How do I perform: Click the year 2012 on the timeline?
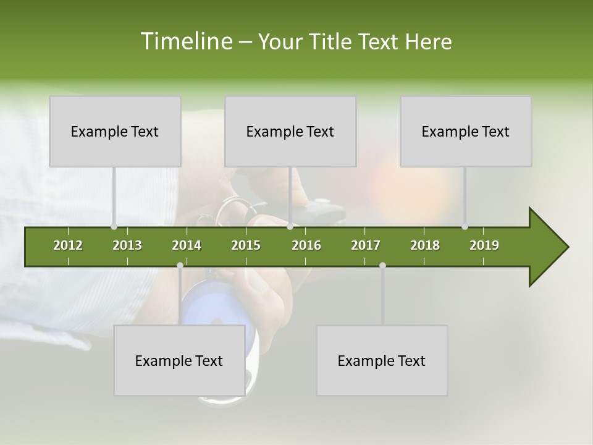coord(68,245)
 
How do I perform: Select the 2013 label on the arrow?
coord(127,245)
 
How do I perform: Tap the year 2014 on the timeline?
coord(187,245)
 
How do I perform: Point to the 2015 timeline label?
coord(246,245)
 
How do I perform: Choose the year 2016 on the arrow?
coord(306,245)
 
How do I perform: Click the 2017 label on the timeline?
coord(366,245)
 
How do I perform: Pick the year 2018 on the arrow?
coord(425,245)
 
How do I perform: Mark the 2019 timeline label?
coord(484,245)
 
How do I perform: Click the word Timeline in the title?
coord(185,41)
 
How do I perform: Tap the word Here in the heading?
coord(428,41)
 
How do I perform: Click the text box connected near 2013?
coord(115,131)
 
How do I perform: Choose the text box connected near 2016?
coord(290,131)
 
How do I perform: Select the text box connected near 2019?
coord(466,131)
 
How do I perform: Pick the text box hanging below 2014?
coord(179,360)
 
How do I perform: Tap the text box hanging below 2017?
coord(382,360)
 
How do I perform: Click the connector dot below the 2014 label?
coord(180,265)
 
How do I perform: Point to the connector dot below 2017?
coord(382,265)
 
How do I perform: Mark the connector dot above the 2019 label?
coord(465,227)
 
